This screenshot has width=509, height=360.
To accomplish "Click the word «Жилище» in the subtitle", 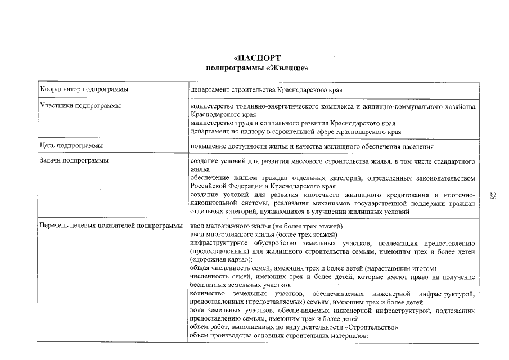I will click(289, 68).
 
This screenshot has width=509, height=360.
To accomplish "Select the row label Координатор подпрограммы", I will click(84, 89).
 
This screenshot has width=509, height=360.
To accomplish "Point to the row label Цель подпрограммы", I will click(71, 146).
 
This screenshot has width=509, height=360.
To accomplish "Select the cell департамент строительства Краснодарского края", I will click(267, 89).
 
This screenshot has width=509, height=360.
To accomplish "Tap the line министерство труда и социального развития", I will click(292, 123).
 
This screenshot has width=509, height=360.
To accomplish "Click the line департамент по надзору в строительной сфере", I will click(296, 131).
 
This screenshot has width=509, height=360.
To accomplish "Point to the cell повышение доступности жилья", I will click(312, 147).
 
